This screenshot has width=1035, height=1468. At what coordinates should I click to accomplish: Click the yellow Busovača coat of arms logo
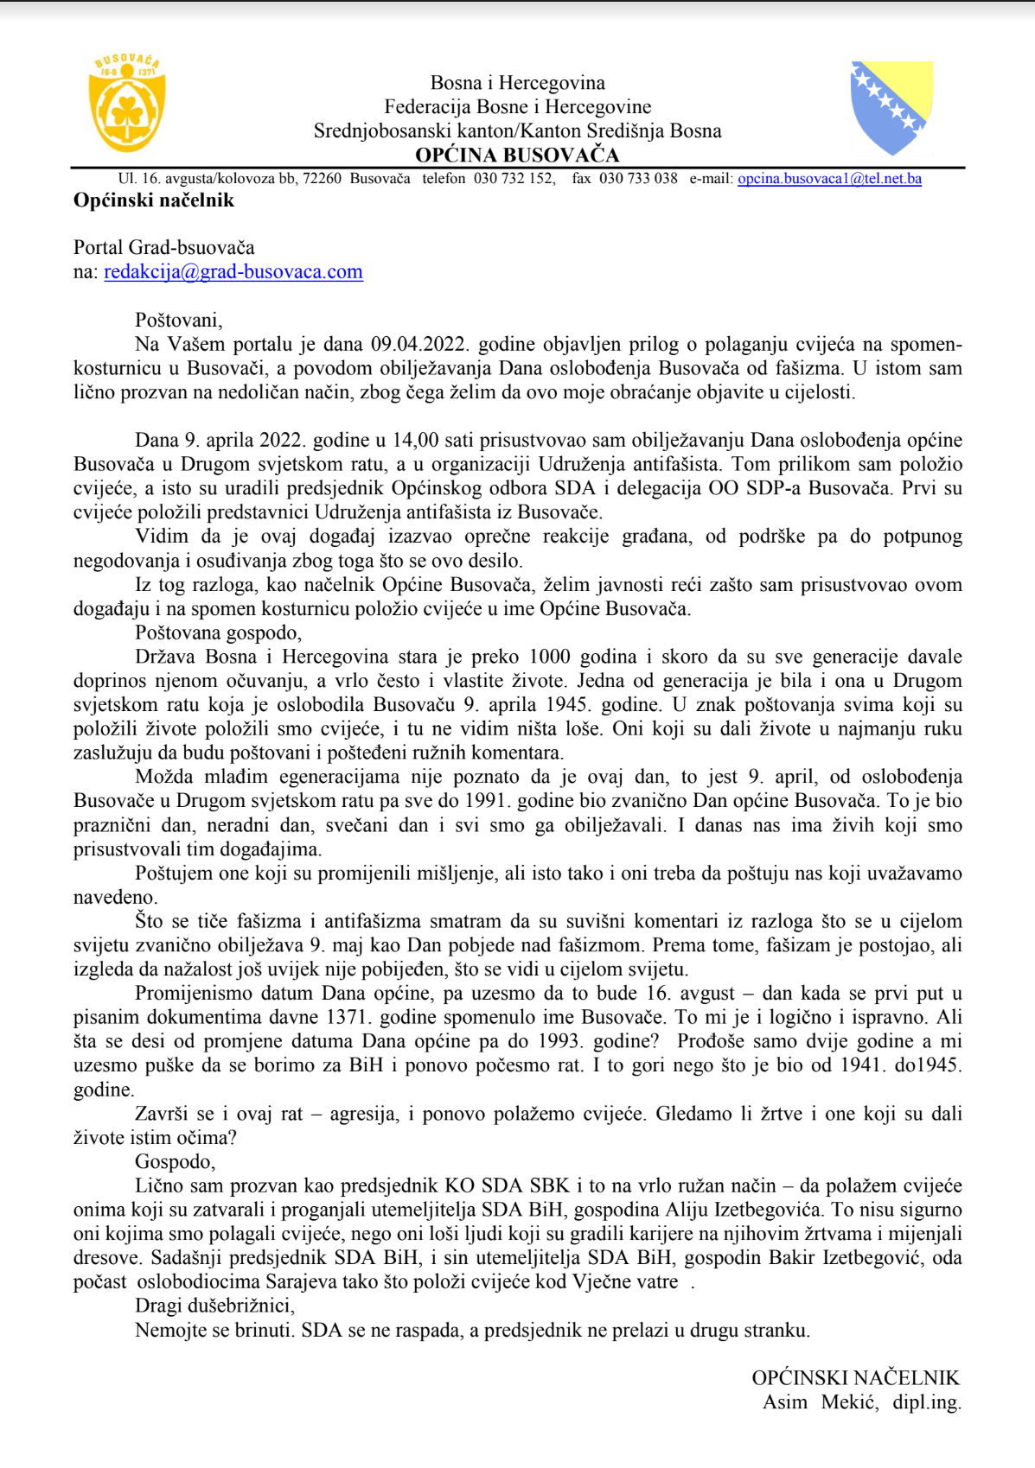coord(127,103)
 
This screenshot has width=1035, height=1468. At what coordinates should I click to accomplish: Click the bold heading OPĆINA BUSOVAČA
coord(517,156)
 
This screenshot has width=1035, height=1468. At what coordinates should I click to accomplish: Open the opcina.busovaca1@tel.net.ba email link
coord(829,179)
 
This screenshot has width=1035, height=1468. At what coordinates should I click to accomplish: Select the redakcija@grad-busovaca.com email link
coord(233,272)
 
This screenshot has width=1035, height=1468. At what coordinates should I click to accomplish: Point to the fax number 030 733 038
coord(638,179)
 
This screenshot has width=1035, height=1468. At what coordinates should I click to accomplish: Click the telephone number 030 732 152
coord(514,179)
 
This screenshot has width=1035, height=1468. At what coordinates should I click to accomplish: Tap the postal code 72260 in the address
coord(323,179)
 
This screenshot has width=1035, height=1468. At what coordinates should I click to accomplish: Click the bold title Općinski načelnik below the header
coord(154,200)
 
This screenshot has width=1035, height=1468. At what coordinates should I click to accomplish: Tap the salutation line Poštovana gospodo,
coord(218,632)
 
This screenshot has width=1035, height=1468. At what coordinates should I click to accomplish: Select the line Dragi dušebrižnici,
coord(214,1306)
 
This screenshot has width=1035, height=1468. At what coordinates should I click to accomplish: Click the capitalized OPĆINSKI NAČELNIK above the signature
coord(856,1378)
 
